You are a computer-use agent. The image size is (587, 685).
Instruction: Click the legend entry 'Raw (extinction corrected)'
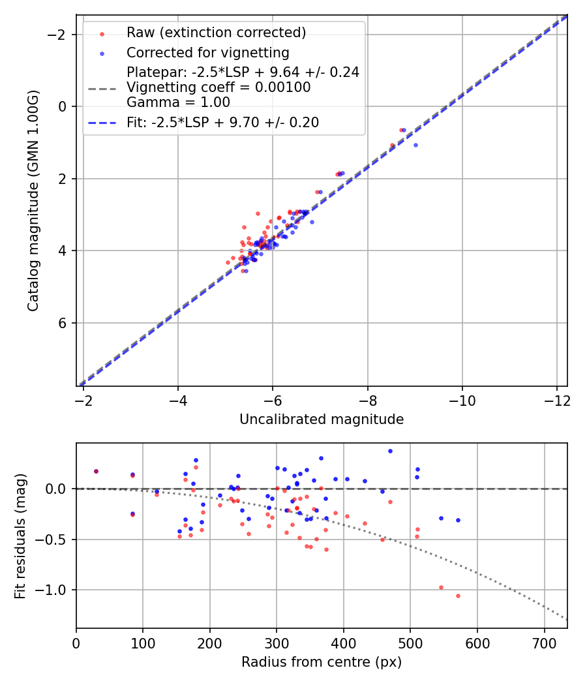(x=216, y=33)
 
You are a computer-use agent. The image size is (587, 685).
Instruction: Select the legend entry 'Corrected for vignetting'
(x=208, y=52)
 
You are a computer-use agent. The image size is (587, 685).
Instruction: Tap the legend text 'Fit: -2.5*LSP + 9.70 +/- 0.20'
(x=222, y=123)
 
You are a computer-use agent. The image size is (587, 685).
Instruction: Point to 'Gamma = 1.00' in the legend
(x=178, y=102)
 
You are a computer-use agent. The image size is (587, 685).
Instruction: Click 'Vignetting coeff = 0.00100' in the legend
(x=218, y=87)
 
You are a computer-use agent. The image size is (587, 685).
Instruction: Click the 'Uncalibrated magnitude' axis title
(x=322, y=419)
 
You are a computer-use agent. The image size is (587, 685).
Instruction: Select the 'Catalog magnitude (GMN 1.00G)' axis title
(x=33, y=200)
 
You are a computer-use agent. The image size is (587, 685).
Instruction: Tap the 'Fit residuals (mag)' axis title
(x=20, y=535)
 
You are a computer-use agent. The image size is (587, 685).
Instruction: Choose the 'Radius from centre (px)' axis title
(x=322, y=662)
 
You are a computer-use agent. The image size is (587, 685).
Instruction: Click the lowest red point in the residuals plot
(x=458, y=596)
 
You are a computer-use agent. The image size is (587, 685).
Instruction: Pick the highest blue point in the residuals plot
(x=390, y=451)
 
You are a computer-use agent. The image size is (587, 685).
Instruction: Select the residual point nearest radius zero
(x=96, y=471)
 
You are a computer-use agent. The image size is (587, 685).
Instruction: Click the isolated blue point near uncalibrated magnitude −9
(x=415, y=145)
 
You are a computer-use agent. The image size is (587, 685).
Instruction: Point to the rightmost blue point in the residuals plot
(x=458, y=520)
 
